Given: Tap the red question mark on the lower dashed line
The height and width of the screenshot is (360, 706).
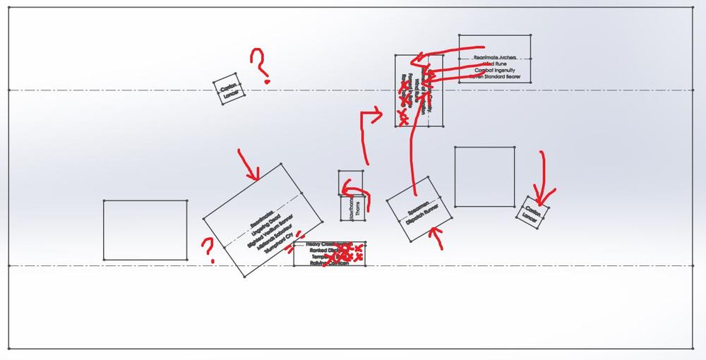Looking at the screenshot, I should click(x=209, y=250).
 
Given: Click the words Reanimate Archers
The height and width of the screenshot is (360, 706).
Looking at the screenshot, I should click(x=495, y=56).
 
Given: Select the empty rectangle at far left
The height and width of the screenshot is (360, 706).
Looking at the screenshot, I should click(x=145, y=229).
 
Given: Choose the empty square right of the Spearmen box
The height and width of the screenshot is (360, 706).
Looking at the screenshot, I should click(x=484, y=176).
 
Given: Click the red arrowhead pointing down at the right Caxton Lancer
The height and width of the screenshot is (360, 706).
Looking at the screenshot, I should click(x=542, y=194).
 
